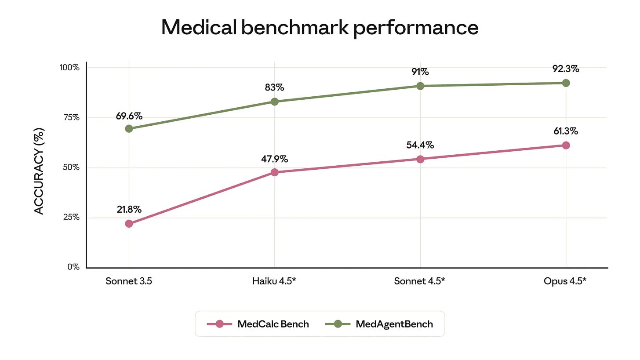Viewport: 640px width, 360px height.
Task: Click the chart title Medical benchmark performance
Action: (x=320, y=28)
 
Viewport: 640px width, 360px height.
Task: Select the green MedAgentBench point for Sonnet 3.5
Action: (x=129, y=129)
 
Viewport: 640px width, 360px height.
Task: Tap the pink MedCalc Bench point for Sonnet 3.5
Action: (x=129, y=223)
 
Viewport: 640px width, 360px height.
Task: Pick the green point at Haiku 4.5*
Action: (x=275, y=102)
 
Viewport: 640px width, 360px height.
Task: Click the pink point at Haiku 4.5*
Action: (x=275, y=172)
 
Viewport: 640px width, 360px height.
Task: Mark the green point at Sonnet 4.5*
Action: (x=420, y=86)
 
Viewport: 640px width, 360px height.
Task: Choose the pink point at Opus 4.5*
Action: (x=566, y=145)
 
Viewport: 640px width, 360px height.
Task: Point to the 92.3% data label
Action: (x=565, y=69)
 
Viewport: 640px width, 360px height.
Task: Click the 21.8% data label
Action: (x=129, y=210)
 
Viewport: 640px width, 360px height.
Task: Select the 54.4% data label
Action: (x=420, y=145)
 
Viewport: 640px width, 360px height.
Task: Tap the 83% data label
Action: (x=274, y=87)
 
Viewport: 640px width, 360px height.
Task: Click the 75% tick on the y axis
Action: (x=69, y=117)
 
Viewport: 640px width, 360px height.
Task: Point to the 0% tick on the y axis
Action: (x=73, y=267)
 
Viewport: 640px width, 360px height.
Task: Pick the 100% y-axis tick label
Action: (x=69, y=68)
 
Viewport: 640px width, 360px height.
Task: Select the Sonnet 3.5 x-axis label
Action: (x=129, y=281)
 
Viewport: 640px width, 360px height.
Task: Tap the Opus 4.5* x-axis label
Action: (x=565, y=281)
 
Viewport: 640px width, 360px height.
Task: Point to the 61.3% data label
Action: (x=565, y=131)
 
